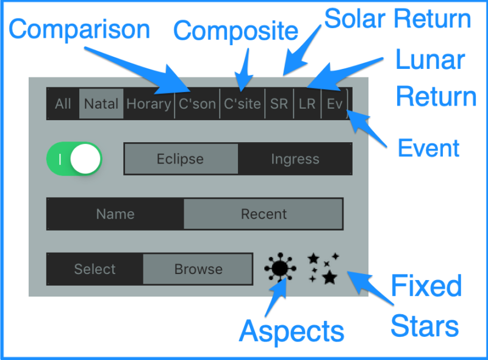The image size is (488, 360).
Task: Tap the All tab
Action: click(63, 104)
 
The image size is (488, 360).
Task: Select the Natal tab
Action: click(101, 104)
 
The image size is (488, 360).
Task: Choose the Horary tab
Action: click(148, 104)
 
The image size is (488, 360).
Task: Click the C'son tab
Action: click(197, 104)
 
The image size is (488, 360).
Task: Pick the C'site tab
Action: click(242, 104)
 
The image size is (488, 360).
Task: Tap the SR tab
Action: click(279, 104)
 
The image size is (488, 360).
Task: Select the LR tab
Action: click(307, 104)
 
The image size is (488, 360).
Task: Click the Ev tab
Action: click(335, 104)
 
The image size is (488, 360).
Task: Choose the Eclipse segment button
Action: click(181, 159)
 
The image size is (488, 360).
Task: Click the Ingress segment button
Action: click(295, 159)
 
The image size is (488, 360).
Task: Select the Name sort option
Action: click(115, 214)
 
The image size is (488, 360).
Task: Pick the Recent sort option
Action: click(264, 214)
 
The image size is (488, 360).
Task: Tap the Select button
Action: click(95, 269)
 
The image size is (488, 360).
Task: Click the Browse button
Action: click(198, 269)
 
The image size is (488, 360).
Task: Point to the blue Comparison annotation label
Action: click(79, 30)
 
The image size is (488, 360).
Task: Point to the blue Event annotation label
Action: click(428, 148)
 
